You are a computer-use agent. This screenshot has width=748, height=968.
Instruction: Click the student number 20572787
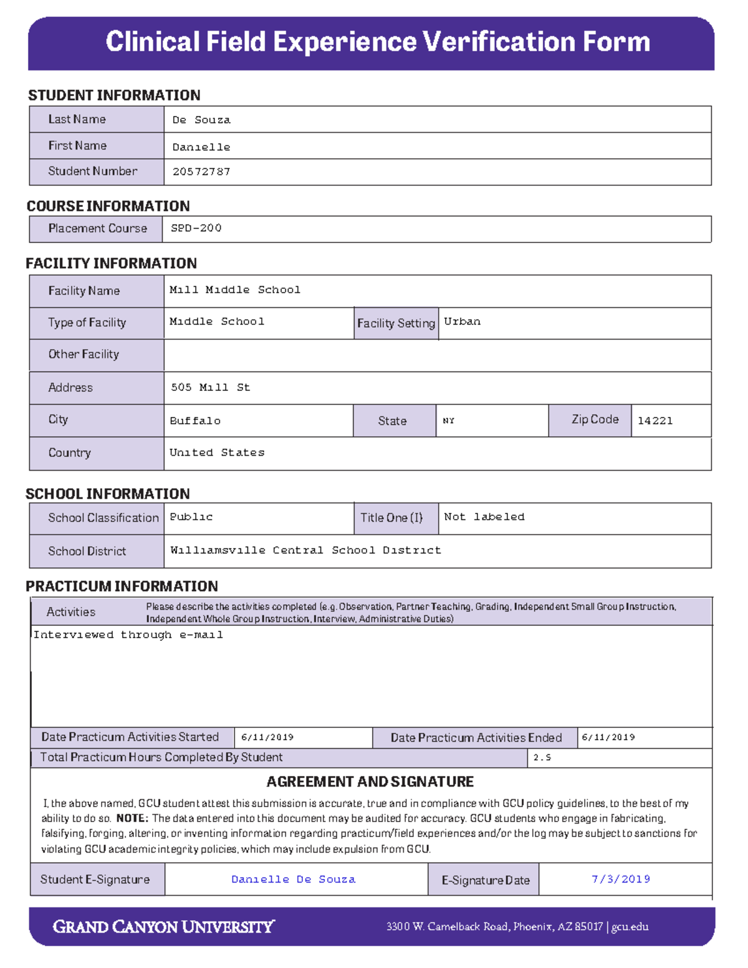[x=201, y=172]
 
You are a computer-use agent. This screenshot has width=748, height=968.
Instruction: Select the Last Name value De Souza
[x=201, y=120]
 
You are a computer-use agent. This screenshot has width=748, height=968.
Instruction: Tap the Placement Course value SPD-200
[x=196, y=228]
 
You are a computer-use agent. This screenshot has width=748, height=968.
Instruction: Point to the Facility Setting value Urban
[x=462, y=322]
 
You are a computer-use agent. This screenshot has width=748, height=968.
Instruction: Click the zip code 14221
[x=654, y=421]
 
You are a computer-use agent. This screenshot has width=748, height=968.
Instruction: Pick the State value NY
[x=449, y=421]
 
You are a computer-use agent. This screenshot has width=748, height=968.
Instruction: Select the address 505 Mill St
[x=211, y=388]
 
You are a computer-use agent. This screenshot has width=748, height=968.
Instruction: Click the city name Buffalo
[x=195, y=421]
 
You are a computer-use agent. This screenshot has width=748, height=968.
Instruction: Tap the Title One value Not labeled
[x=484, y=517]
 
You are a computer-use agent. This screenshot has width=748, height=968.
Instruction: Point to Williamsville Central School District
[x=305, y=550]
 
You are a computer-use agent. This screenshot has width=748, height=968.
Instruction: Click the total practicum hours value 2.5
[x=542, y=758]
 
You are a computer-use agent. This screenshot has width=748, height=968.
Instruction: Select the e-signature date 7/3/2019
[x=621, y=879]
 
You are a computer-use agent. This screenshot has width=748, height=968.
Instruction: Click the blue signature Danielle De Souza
[x=294, y=879]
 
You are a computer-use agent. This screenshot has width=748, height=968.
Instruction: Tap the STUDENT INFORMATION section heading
[x=114, y=95]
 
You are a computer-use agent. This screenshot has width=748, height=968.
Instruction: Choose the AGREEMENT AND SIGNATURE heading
[x=370, y=782]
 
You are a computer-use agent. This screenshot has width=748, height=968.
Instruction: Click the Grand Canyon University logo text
[x=163, y=927]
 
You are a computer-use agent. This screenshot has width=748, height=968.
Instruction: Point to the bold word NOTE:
[x=132, y=818]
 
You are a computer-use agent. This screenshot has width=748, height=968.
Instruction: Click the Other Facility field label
[x=84, y=354]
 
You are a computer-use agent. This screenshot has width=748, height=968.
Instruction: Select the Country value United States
[x=217, y=453]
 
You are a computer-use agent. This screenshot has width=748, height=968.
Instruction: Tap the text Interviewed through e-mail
[x=128, y=635]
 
